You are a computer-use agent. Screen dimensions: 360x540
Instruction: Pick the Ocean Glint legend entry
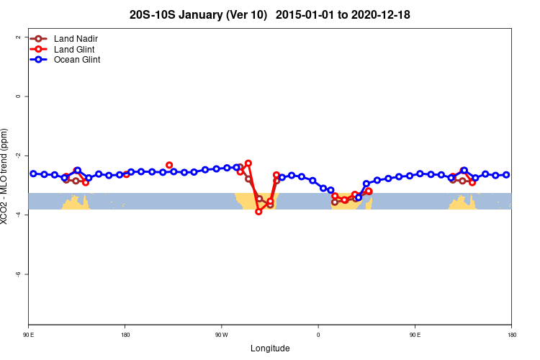coord(77,60)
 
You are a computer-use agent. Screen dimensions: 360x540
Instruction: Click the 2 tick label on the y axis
coord(17,37)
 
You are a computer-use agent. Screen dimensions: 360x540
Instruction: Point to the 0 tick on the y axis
coord(17,96)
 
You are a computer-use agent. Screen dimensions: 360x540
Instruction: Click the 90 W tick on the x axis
coord(221,335)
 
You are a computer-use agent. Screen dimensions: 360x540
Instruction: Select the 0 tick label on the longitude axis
coord(318,335)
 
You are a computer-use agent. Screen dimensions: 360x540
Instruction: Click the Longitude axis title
coord(270,348)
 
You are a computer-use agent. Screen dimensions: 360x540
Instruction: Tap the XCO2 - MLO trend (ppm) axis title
coord(6,176)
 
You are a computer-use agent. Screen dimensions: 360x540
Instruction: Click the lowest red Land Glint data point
coord(258,212)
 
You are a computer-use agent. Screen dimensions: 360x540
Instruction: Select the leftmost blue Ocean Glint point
coord(33,174)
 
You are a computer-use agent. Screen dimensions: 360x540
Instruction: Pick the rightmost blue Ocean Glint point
coord(506,175)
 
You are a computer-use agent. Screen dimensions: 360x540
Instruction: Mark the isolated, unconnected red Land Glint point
coord(169,165)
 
